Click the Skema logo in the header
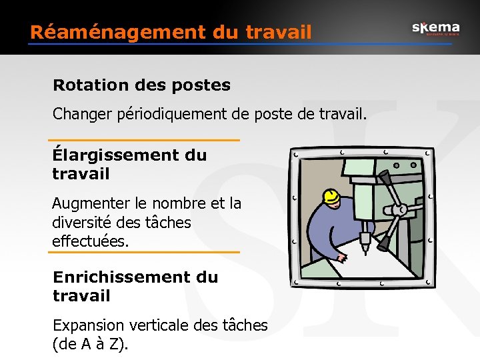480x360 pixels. [435, 28]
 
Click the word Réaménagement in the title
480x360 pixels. [97, 31]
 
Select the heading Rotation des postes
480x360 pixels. [141, 85]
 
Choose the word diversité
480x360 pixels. [85, 222]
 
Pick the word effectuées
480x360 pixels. [89, 241]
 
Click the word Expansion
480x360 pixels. [88, 325]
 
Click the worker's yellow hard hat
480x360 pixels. [330, 195]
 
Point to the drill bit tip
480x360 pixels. [365, 250]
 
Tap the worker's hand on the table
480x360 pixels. [341, 257]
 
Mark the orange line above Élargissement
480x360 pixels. [145, 140]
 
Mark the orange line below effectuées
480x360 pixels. [145, 252]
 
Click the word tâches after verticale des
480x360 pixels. [244, 325]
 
